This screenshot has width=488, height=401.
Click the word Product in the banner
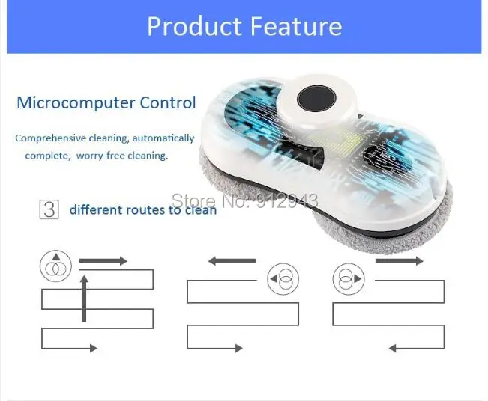194,26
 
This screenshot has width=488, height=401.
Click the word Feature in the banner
296,26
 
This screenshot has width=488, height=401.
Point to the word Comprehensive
50,138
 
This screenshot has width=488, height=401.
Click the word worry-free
100,156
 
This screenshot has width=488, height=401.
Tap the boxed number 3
49,210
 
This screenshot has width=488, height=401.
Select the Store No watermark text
245,200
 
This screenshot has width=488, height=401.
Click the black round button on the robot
316,99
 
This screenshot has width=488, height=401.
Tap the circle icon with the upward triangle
55,266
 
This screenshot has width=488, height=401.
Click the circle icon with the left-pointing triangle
283,278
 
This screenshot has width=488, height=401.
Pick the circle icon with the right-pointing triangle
349,278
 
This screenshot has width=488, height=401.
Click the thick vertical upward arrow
84,299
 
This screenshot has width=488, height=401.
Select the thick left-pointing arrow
232,261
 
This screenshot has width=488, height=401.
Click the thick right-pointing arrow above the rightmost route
400,261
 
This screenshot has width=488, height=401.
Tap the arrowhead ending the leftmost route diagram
94,348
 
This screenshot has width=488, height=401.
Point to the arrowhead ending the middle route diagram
239,348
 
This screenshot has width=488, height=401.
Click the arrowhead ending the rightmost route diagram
393,348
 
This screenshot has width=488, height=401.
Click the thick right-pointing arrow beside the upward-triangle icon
103,261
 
